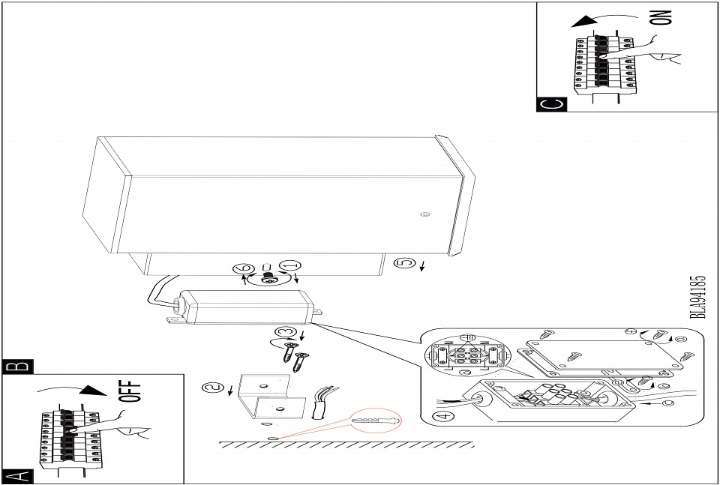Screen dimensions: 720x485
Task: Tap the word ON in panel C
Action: tap(663, 17)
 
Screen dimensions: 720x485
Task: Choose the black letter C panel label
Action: tap(551, 104)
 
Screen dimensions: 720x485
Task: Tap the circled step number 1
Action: tap(292, 266)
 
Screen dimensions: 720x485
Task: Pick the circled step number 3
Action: tap(283, 332)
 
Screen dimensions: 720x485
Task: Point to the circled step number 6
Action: tap(246, 268)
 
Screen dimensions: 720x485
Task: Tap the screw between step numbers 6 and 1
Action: tap(268, 277)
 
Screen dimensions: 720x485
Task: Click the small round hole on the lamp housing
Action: tap(425, 214)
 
